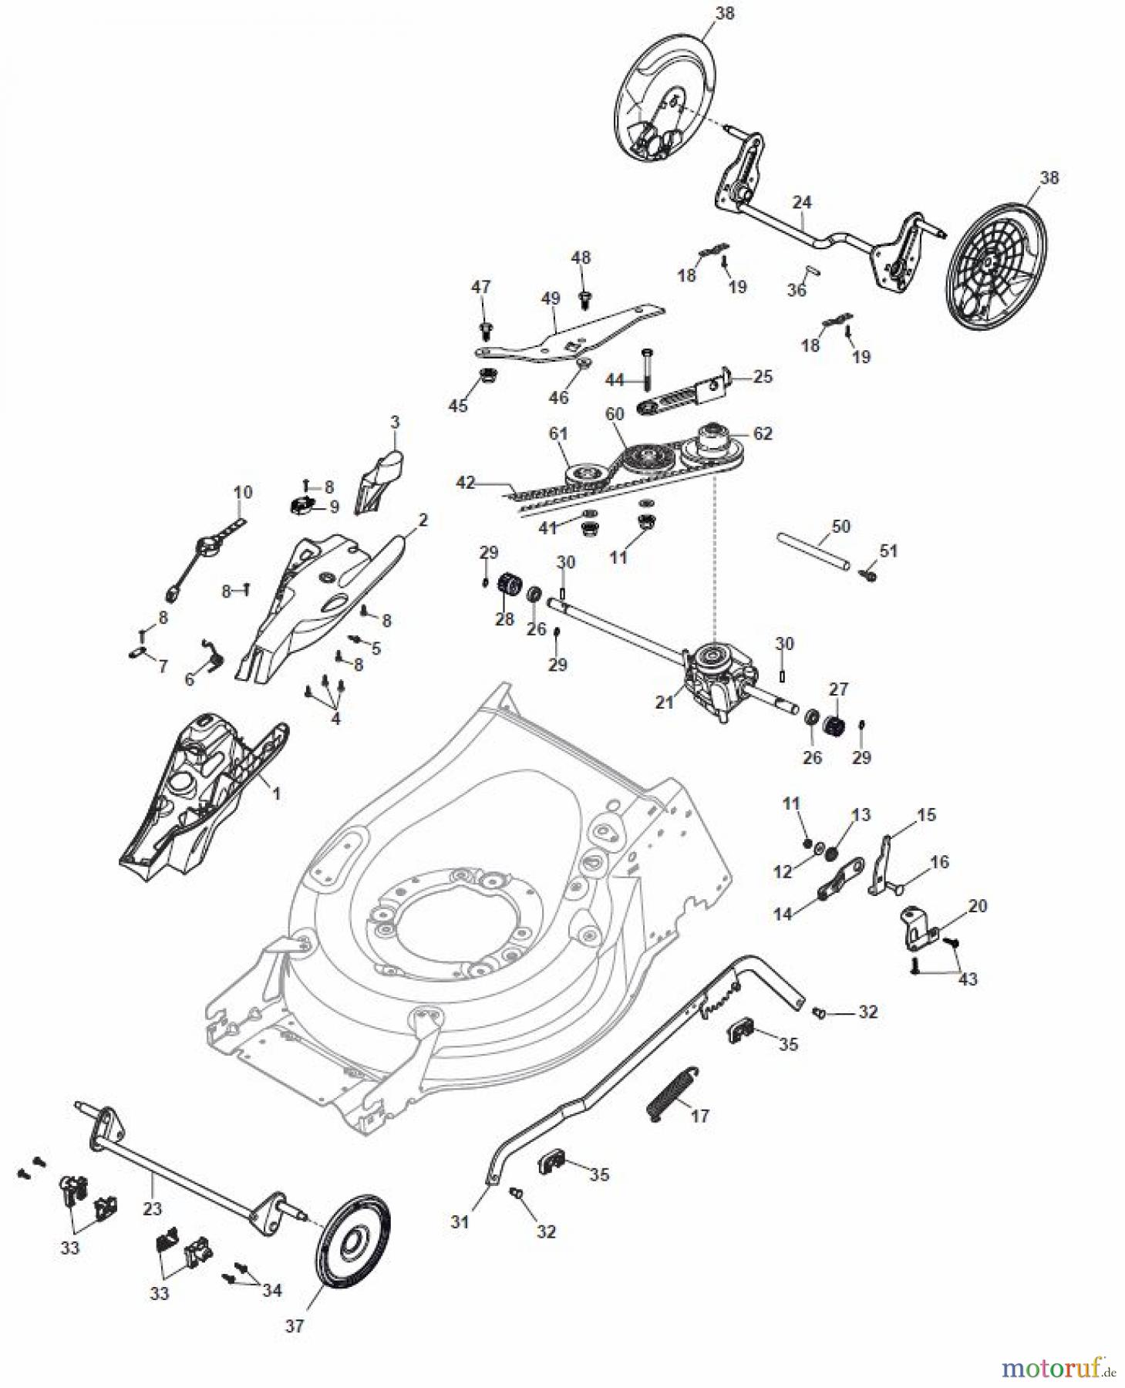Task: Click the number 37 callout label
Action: (295, 1326)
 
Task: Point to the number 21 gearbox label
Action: (664, 702)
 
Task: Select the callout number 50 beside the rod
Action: (841, 526)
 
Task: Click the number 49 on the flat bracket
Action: (550, 298)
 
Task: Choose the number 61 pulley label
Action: (558, 434)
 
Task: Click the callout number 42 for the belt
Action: (466, 483)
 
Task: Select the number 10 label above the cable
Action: (243, 492)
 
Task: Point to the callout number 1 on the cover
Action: (277, 793)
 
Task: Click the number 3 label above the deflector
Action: (395, 422)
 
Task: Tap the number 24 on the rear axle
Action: (802, 202)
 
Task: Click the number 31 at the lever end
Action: (460, 1221)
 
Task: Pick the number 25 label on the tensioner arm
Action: (763, 376)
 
